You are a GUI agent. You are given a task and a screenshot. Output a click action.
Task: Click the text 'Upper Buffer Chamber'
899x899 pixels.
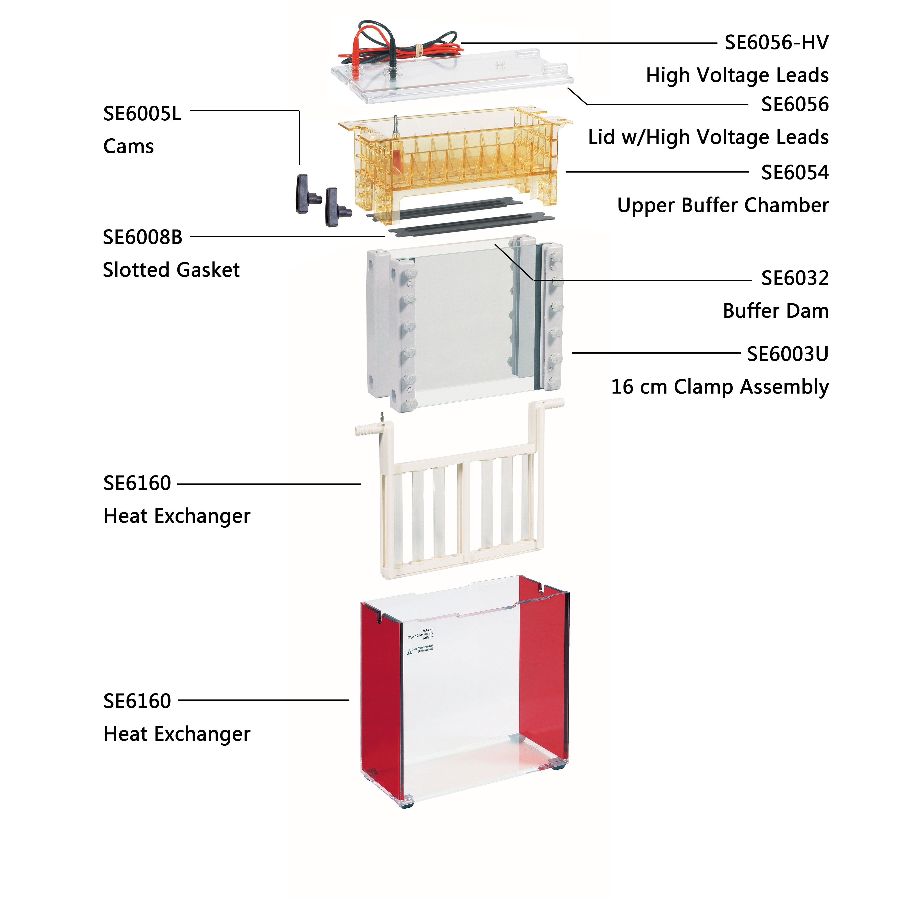coord(723,205)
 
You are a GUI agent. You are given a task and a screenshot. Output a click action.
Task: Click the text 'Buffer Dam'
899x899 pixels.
coord(775,311)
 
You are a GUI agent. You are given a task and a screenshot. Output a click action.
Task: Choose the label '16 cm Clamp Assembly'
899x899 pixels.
coord(719,387)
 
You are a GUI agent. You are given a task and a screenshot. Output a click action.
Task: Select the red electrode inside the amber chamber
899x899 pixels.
coord(397,158)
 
